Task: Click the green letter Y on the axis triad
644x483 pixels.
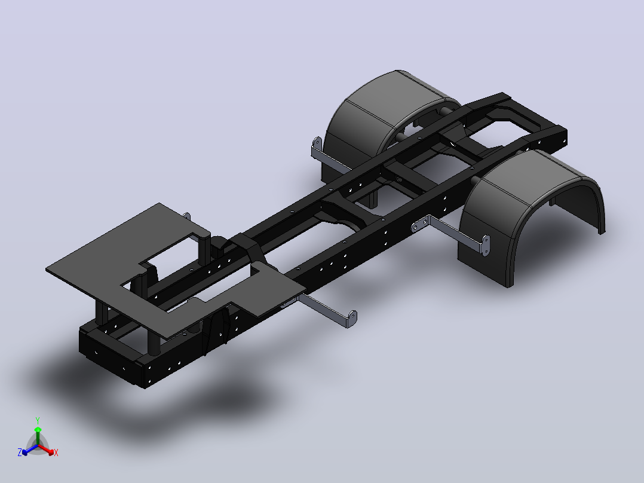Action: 38,421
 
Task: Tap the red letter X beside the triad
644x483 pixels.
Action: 56,453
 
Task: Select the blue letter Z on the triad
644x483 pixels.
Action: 19,453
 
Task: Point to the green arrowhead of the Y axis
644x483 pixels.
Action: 38,430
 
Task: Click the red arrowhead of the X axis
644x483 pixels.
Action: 51,452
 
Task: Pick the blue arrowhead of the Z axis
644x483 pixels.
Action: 25,452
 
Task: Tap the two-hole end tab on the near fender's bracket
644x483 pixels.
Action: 486,245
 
